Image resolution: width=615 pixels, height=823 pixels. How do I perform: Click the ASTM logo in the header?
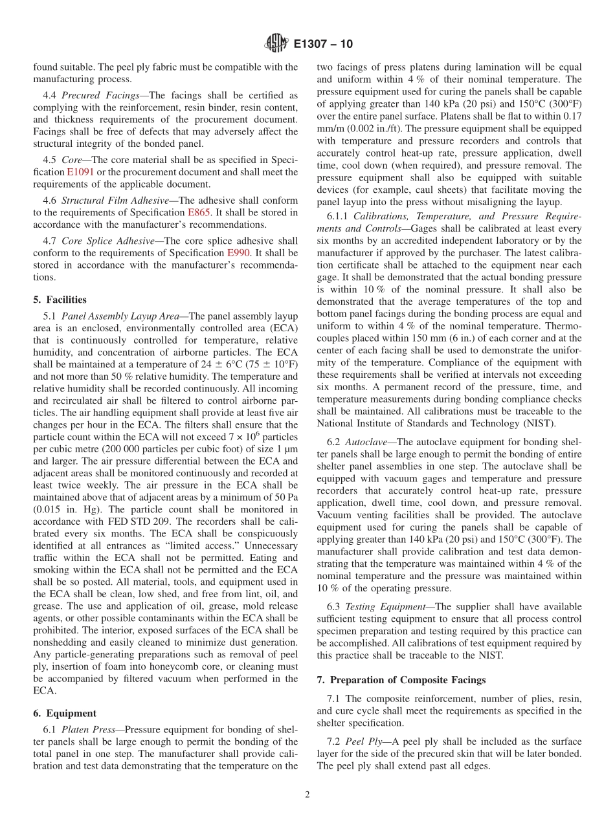click(276, 45)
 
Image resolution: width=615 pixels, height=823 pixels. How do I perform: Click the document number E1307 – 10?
click(323, 45)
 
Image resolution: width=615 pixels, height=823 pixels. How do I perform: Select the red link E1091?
click(75, 172)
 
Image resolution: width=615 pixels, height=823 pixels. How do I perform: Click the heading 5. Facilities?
click(60, 300)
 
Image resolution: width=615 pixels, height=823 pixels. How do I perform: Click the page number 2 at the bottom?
click(307, 795)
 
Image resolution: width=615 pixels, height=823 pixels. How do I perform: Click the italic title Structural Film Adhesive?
click(114, 201)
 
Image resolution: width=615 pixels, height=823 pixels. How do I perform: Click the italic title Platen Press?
click(89, 729)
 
